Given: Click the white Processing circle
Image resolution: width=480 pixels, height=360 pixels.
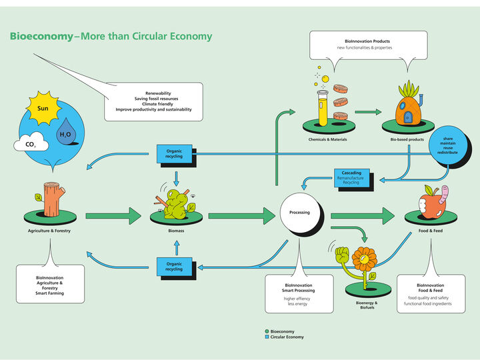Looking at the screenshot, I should pyautogui.click(x=299, y=213).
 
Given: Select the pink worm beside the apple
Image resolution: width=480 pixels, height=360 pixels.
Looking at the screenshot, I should pyautogui.click(x=444, y=201).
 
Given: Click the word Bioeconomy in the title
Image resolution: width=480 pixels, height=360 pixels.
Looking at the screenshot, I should pyautogui.click(x=41, y=36).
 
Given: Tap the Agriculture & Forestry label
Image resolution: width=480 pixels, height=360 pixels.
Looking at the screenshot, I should pyautogui.click(x=50, y=231).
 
